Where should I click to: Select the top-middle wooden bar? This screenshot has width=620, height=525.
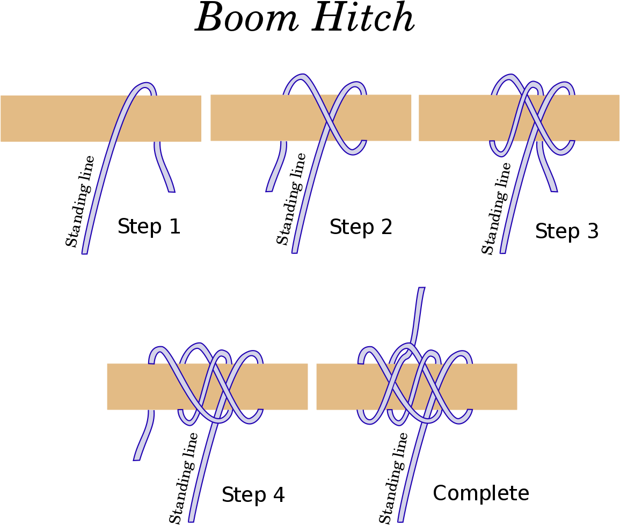(247, 118)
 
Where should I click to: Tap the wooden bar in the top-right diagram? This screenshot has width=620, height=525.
(456, 118)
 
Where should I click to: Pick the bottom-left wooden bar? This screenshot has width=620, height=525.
(134, 387)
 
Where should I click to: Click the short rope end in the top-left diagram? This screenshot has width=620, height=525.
(171, 189)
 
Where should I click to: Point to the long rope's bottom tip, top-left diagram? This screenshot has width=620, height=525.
(85, 252)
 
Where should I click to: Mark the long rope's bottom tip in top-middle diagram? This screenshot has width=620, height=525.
(295, 251)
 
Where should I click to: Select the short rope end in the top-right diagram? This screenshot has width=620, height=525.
(553, 189)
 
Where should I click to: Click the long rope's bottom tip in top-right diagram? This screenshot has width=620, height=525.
(503, 251)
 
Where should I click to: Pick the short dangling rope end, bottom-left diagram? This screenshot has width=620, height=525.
(137, 458)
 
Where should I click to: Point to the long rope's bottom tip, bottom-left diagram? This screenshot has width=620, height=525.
(191, 519)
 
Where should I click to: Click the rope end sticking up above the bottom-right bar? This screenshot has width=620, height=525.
(421, 290)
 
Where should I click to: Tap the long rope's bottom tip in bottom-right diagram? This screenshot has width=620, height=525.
(400, 519)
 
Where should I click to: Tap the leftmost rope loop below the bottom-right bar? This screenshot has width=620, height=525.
(368, 421)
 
